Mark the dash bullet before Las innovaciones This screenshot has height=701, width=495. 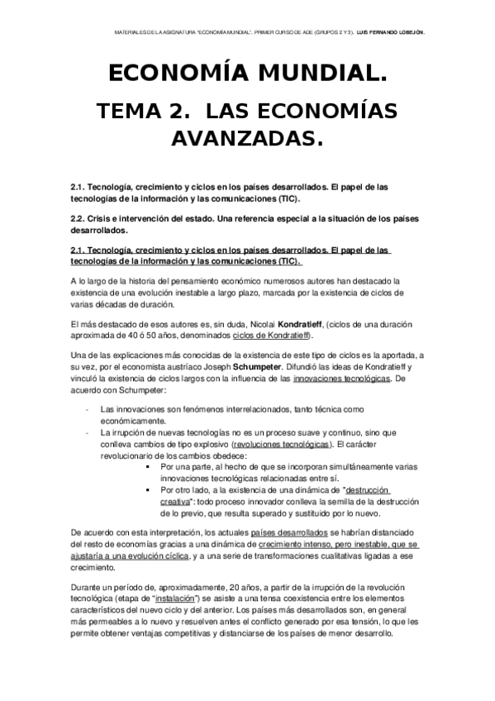88,409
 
